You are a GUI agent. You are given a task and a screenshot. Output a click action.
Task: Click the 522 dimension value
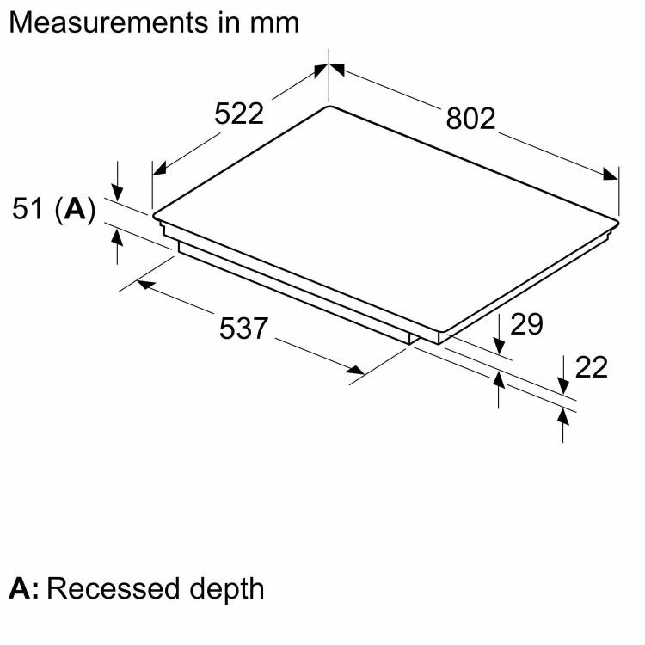tap(238, 113)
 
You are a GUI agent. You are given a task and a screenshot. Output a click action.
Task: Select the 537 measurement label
tap(245, 329)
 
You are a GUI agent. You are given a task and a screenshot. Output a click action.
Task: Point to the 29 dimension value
tap(527, 324)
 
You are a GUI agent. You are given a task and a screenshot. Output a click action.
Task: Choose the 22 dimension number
tap(591, 367)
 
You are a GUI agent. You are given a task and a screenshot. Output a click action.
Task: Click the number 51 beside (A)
tap(29, 208)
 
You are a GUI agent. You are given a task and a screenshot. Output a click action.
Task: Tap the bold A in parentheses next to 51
tap(77, 208)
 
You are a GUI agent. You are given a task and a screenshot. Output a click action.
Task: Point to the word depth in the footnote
tap(224, 589)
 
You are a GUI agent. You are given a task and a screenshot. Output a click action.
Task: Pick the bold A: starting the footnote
tap(24, 589)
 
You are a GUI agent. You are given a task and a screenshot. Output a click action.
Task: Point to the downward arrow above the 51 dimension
tap(118, 191)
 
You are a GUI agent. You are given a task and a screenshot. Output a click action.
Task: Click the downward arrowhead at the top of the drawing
tap(329, 70)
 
